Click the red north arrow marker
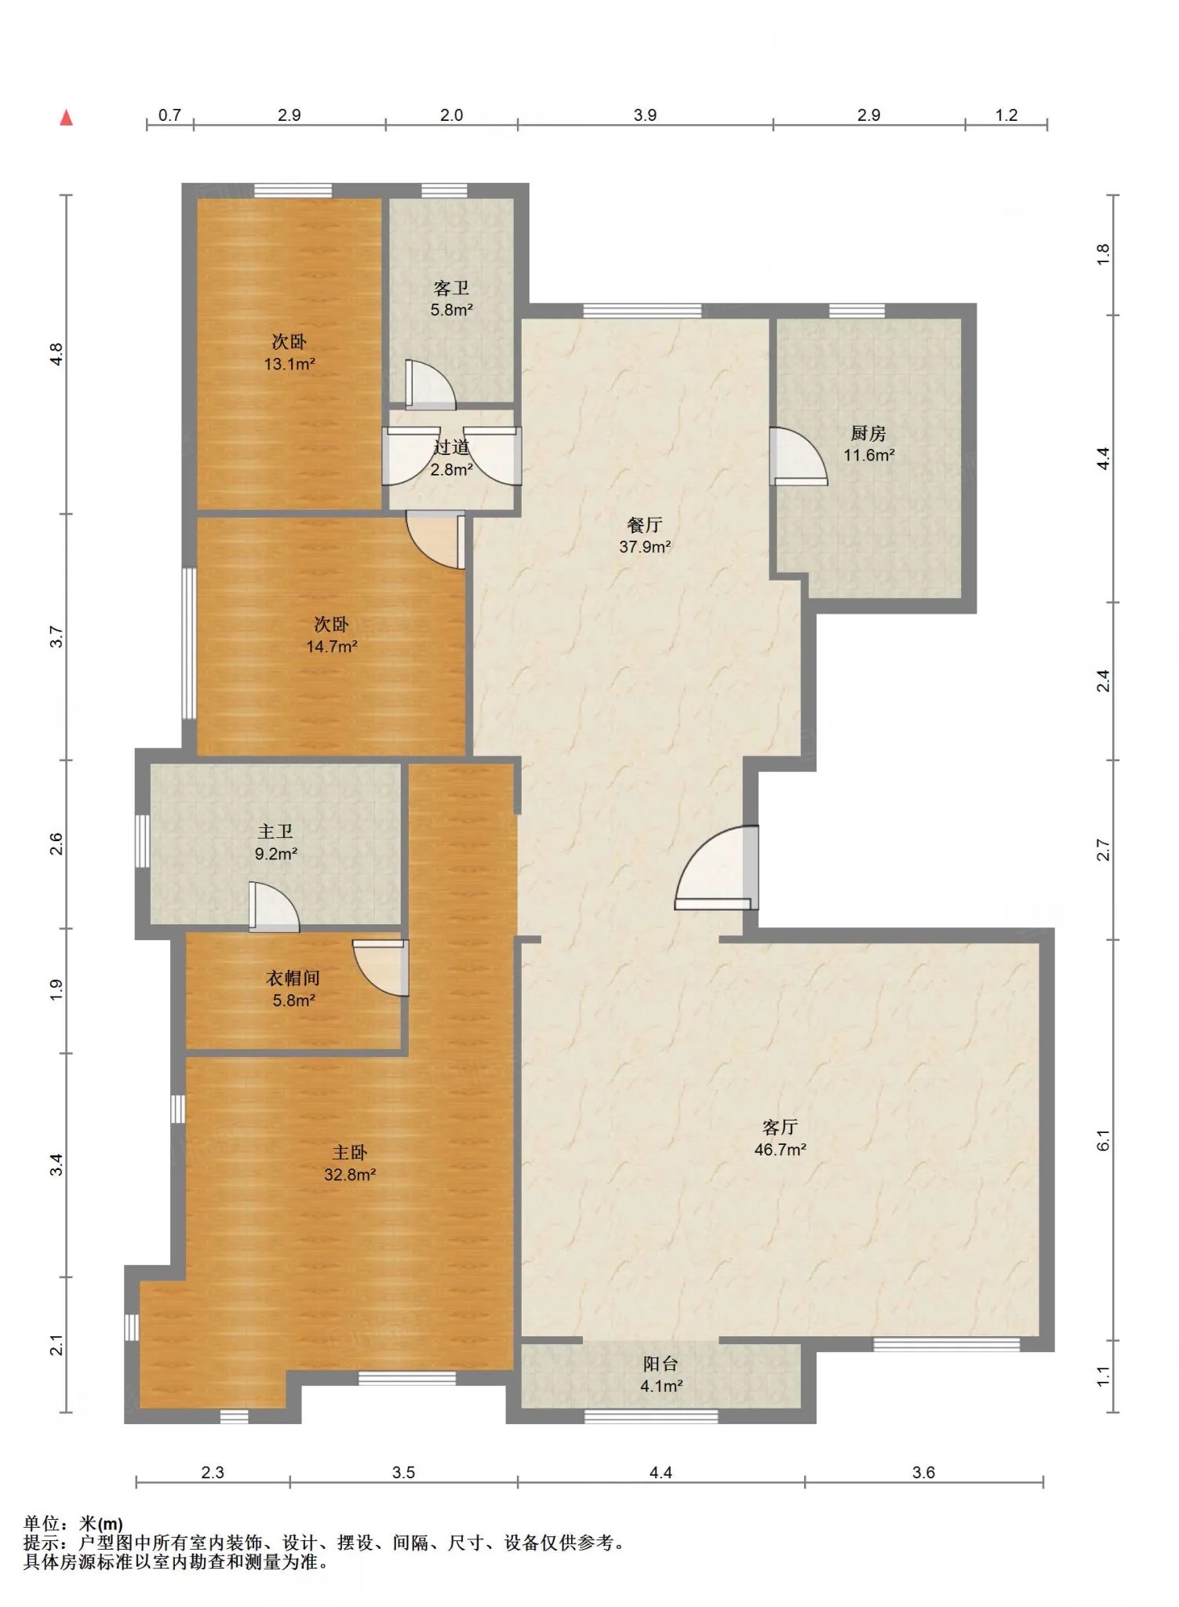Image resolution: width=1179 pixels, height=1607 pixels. pyautogui.click(x=67, y=118)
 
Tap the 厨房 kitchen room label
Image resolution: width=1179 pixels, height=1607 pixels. pyautogui.click(x=868, y=433)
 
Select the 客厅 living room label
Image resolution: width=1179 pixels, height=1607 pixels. pyautogui.click(x=780, y=1128)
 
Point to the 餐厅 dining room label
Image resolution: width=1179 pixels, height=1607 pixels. pyautogui.click(x=645, y=525)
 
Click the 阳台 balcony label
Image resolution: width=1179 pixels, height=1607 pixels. pyautogui.click(x=660, y=1364)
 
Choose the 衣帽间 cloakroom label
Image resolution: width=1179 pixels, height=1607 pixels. pyautogui.click(x=293, y=978)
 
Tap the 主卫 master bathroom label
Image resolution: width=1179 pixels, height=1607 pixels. pyautogui.click(x=275, y=831)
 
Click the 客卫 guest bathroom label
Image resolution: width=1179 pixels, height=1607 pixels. pyautogui.click(x=451, y=288)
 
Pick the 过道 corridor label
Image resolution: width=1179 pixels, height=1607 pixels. pyautogui.click(x=452, y=448)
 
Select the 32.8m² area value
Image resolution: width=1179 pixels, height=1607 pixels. pyautogui.click(x=350, y=1175)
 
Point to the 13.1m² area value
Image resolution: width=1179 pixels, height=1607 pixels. pyautogui.click(x=289, y=363)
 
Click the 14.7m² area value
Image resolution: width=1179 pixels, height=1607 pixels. pyautogui.click(x=332, y=647)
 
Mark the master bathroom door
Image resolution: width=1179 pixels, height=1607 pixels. pyautogui.click(x=274, y=907)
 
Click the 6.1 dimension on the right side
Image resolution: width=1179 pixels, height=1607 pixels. pyautogui.click(x=1103, y=1140)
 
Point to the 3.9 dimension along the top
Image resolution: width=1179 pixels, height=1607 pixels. pyautogui.click(x=645, y=115)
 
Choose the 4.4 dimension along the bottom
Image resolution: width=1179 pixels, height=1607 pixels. pyautogui.click(x=660, y=1473)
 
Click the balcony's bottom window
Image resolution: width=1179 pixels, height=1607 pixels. pyautogui.click(x=651, y=1416)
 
